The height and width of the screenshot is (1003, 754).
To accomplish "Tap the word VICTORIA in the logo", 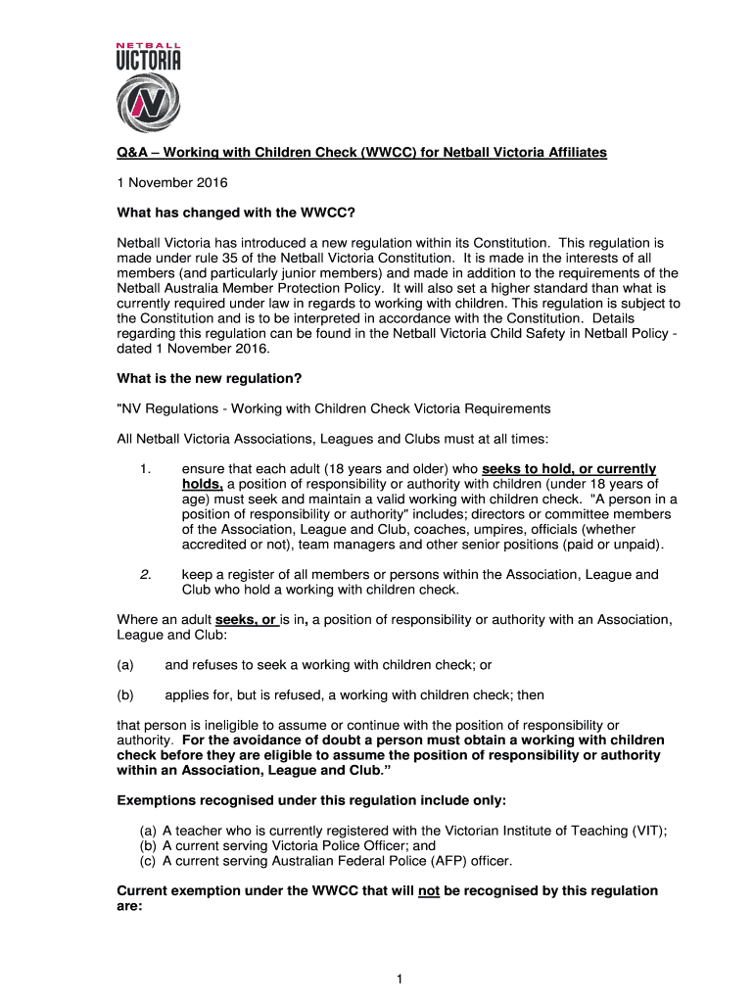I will point(149,61).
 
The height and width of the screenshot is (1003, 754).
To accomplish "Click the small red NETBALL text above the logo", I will point(149,45).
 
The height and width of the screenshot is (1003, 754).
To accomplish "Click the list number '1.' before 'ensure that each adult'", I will point(147,469).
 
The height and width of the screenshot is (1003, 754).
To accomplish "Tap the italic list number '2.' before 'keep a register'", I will point(145,575).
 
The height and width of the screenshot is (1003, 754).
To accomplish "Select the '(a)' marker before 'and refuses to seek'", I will point(124,665).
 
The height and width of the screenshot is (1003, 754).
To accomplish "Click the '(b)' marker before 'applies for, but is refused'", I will point(124,694).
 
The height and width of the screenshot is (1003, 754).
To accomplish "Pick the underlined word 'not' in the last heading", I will point(428,891).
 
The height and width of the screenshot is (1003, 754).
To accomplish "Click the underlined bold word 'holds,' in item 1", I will point(202,484).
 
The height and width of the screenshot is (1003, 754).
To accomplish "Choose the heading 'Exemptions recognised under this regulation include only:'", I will point(311,801).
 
